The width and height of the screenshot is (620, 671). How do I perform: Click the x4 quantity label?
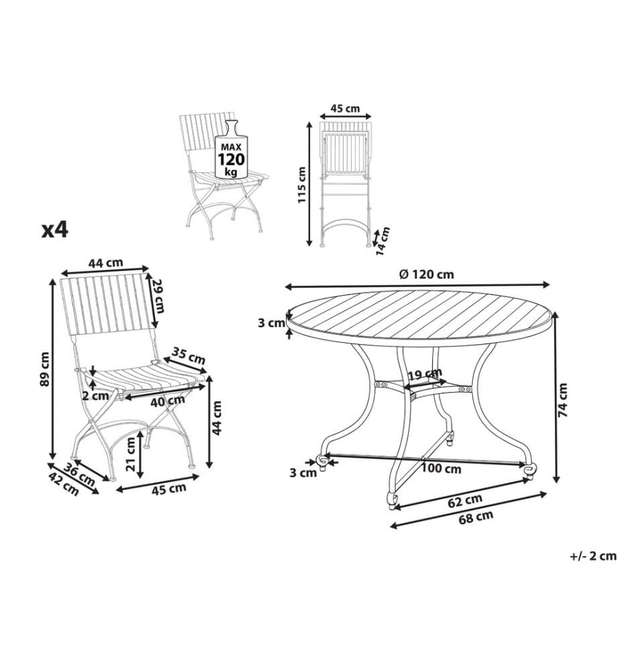[x=55, y=230]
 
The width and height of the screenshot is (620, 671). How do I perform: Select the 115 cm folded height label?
[x=302, y=185]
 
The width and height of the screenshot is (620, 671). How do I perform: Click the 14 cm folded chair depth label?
[x=382, y=241]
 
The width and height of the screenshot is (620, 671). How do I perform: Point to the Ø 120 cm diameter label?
[x=426, y=274]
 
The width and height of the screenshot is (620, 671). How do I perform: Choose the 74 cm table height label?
[x=562, y=400]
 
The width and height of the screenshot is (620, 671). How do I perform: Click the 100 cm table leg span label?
[x=441, y=469]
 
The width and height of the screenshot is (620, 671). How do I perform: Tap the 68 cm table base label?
[x=476, y=517]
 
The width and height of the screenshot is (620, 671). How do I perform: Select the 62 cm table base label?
[x=465, y=500]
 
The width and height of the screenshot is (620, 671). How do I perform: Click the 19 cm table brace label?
[x=425, y=374]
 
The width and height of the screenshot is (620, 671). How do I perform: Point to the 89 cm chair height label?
[x=44, y=368]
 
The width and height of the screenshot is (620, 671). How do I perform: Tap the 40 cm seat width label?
[x=167, y=401]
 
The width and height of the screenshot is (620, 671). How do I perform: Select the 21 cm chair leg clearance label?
[x=132, y=454]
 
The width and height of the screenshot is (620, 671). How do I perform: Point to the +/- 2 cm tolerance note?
[x=593, y=556]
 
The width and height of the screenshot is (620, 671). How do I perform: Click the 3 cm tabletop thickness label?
[x=271, y=323]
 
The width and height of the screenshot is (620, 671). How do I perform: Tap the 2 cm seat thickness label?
[x=95, y=396]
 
